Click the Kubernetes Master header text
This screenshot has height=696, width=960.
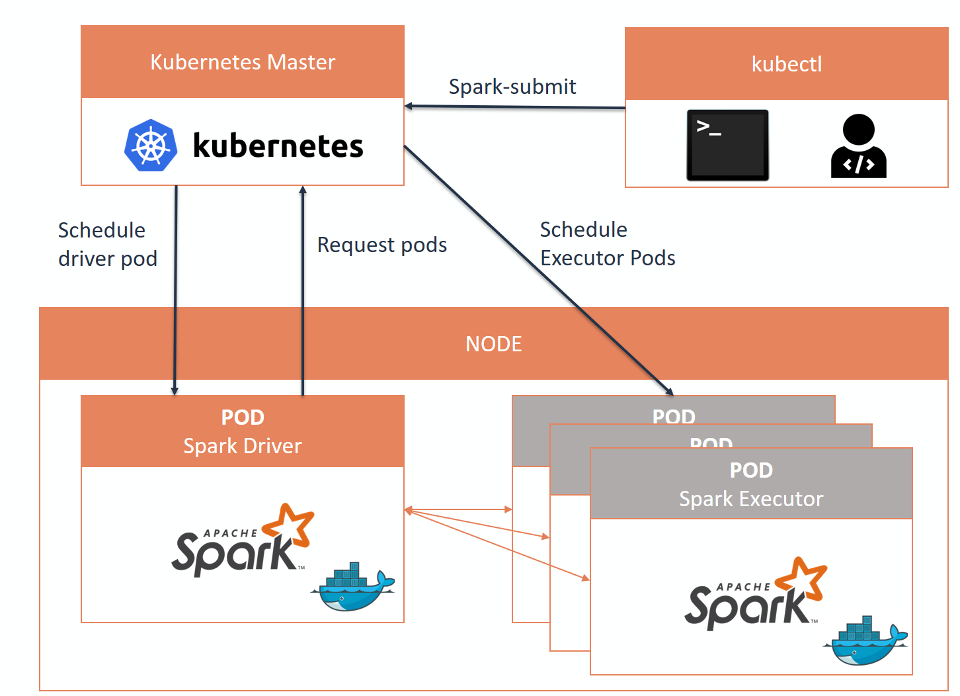[x=243, y=62]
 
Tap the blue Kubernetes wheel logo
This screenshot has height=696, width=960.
[x=151, y=146]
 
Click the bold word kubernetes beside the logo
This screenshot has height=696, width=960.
[x=278, y=146]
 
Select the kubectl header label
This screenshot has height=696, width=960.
[x=787, y=64]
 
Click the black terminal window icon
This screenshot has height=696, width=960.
[x=727, y=145]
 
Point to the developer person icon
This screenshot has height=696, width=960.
[x=858, y=146]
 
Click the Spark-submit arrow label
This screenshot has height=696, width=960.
[x=512, y=87]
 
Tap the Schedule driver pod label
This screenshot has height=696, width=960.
[x=108, y=244]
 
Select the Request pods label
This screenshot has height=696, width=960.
[x=382, y=245]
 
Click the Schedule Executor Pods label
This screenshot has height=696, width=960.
[x=608, y=243]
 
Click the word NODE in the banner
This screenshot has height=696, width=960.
[x=494, y=344]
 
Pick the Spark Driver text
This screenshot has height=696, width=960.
[x=243, y=446]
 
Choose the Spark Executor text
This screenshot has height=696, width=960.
[x=751, y=499]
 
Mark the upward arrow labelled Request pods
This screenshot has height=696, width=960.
[x=303, y=291]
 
